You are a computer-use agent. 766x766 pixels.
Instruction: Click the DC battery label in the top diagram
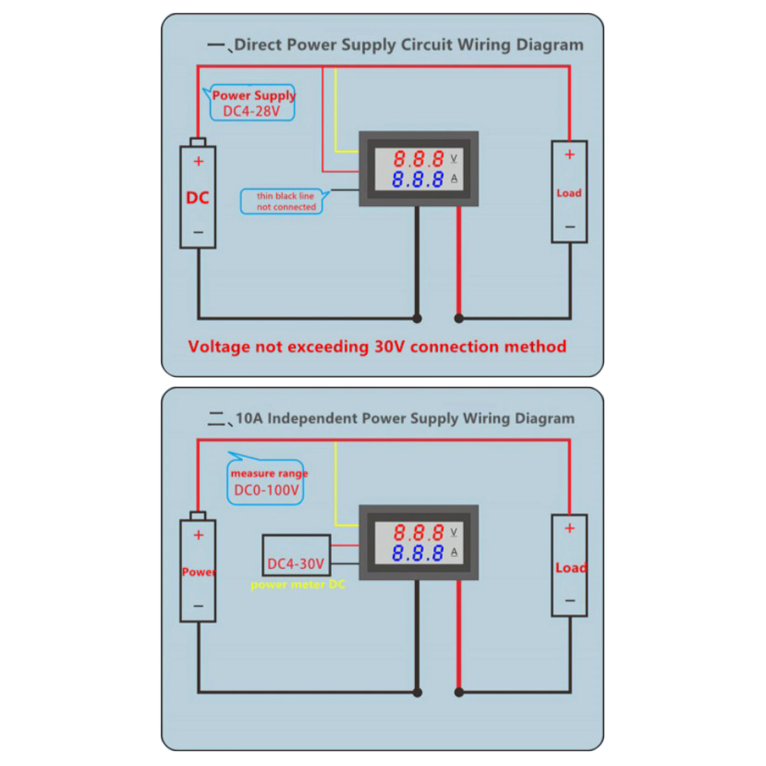tap(197, 197)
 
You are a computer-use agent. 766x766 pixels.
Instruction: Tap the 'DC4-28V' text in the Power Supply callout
tap(251, 111)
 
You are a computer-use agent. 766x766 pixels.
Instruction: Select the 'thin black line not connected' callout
tap(286, 202)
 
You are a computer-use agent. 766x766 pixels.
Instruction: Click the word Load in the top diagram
tap(569, 193)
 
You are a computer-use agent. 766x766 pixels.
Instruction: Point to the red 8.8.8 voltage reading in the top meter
tap(418, 159)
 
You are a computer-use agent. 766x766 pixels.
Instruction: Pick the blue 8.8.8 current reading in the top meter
tap(417, 180)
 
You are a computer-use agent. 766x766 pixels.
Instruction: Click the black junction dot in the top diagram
tap(417, 318)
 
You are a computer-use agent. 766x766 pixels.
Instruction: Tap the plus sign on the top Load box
tap(569, 154)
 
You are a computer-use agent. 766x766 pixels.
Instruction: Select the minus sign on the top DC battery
tap(198, 232)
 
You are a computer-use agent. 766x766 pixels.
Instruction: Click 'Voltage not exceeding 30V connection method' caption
tap(377, 346)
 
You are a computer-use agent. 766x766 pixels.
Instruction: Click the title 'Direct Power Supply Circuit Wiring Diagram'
tap(408, 45)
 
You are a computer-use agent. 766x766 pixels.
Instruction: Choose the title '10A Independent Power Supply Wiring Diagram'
tap(405, 418)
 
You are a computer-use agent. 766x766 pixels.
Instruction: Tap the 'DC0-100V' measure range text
tap(266, 490)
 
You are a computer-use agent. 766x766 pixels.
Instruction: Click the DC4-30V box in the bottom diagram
tap(296, 555)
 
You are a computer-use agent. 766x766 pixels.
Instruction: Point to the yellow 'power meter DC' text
tap(297, 585)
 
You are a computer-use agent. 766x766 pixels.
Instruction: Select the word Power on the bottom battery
tap(199, 572)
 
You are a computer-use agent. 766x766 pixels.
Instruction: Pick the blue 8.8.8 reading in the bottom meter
tap(417, 553)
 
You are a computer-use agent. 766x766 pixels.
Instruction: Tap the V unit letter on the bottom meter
tap(454, 532)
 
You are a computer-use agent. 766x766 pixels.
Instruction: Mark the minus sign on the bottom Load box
tap(570, 600)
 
